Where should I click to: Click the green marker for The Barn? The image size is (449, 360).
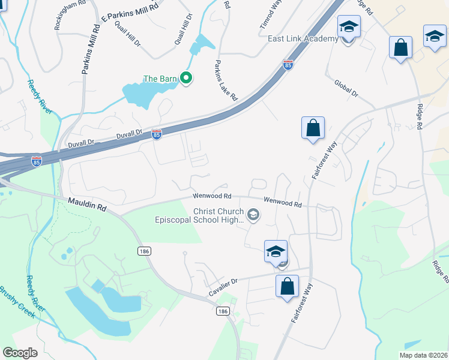[186, 78]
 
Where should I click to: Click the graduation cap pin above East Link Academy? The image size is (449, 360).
[348, 27]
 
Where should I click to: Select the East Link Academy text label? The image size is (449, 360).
[303, 39]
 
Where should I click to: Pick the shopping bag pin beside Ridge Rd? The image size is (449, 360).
[400, 47]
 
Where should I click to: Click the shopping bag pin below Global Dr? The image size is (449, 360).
[313, 128]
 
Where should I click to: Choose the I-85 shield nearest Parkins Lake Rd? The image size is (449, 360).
[288, 64]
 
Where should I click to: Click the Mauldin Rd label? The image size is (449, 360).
[86, 205]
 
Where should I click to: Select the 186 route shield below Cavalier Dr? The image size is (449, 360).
[222, 311]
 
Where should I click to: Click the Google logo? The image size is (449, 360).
[20, 353]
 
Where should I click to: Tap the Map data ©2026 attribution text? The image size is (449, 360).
[423, 354]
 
